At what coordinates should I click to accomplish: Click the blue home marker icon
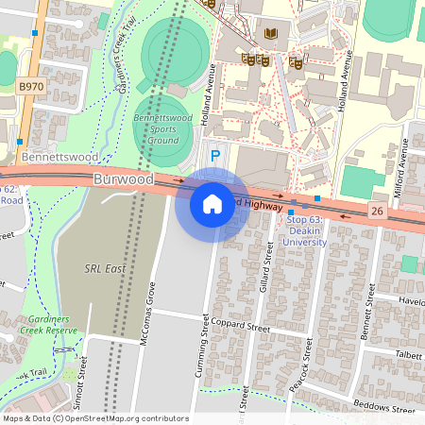pos(212,203)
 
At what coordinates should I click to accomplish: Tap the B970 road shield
pos(30,86)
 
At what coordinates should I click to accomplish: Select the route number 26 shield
pos(378,210)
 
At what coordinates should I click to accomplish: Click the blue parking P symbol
pos(214,155)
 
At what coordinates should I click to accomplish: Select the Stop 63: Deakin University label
pos(306,231)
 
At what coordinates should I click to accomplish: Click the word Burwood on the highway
pos(123,178)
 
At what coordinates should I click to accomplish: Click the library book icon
pos(273,35)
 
